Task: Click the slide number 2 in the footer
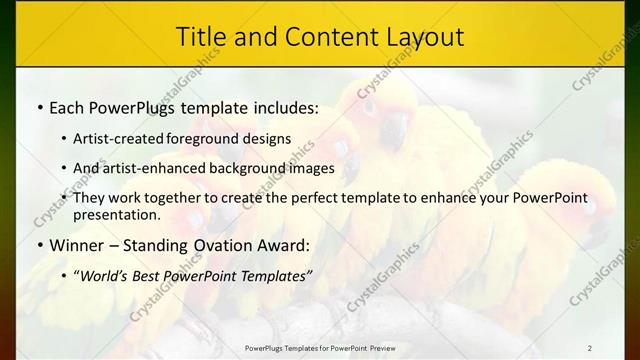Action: (x=591, y=347)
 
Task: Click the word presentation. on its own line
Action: (x=116, y=214)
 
